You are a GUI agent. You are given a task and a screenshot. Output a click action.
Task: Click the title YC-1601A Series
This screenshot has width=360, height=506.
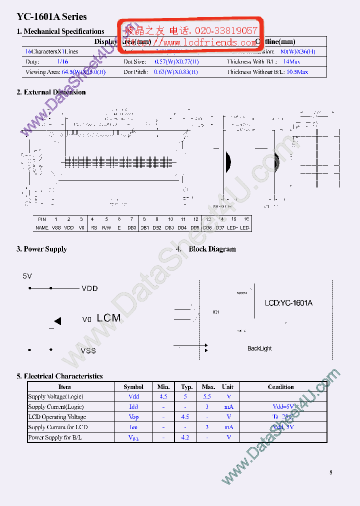click(x=51, y=16)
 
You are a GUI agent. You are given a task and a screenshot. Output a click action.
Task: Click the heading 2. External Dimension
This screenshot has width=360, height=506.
click(x=54, y=92)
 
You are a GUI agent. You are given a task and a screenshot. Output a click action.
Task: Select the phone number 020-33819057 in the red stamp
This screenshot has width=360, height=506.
click(x=226, y=30)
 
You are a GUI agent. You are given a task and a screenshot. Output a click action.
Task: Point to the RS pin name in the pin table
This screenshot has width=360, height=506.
click(x=93, y=227)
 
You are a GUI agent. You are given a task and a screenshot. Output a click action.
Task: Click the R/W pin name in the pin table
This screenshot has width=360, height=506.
click(x=106, y=227)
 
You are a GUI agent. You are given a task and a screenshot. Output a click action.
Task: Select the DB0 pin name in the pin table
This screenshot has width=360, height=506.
click(x=131, y=227)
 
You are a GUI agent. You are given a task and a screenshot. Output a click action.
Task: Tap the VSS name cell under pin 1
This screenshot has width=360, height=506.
click(x=56, y=227)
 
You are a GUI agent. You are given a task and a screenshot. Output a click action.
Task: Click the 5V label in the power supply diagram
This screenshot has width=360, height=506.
click(x=27, y=275)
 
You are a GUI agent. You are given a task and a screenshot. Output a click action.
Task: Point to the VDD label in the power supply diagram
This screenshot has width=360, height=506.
click(x=89, y=288)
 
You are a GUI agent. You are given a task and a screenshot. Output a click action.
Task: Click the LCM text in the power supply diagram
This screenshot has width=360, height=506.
click(x=108, y=317)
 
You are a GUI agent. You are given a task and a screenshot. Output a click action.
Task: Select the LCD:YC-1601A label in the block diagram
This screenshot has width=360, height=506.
click(x=288, y=303)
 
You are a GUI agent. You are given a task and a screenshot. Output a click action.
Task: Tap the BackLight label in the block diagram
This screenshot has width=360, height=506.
click(x=259, y=348)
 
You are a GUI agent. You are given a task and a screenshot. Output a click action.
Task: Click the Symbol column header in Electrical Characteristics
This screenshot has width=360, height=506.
click(x=133, y=386)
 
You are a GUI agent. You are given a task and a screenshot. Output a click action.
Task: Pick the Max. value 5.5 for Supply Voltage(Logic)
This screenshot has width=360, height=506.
click(x=207, y=396)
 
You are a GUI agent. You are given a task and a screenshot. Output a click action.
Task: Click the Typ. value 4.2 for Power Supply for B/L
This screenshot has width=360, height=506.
click(x=185, y=437)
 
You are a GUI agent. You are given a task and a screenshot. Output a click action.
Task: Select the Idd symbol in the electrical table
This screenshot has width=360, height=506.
click(x=133, y=407)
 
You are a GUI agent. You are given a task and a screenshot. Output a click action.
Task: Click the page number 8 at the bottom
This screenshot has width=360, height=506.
click(x=330, y=472)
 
